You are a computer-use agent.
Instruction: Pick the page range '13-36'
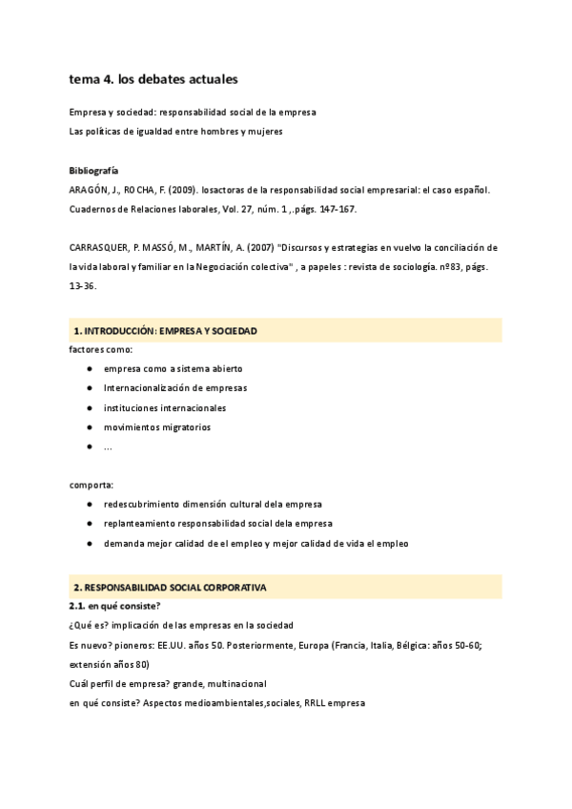(x=82, y=285)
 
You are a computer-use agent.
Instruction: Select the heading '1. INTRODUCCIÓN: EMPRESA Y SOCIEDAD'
(x=164, y=331)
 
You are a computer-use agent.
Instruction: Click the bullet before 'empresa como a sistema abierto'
(x=89, y=368)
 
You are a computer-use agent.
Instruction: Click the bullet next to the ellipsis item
(x=89, y=446)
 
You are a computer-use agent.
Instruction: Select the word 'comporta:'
(x=92, y=485)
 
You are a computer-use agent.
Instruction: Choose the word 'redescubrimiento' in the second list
(x=142, y=504)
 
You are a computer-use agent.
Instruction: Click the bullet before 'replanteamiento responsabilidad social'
(x=89, y=524)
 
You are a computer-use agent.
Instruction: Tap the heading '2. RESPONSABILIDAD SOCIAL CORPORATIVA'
(x=170, y=587)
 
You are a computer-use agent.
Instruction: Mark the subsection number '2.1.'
(x=78, y=606)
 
